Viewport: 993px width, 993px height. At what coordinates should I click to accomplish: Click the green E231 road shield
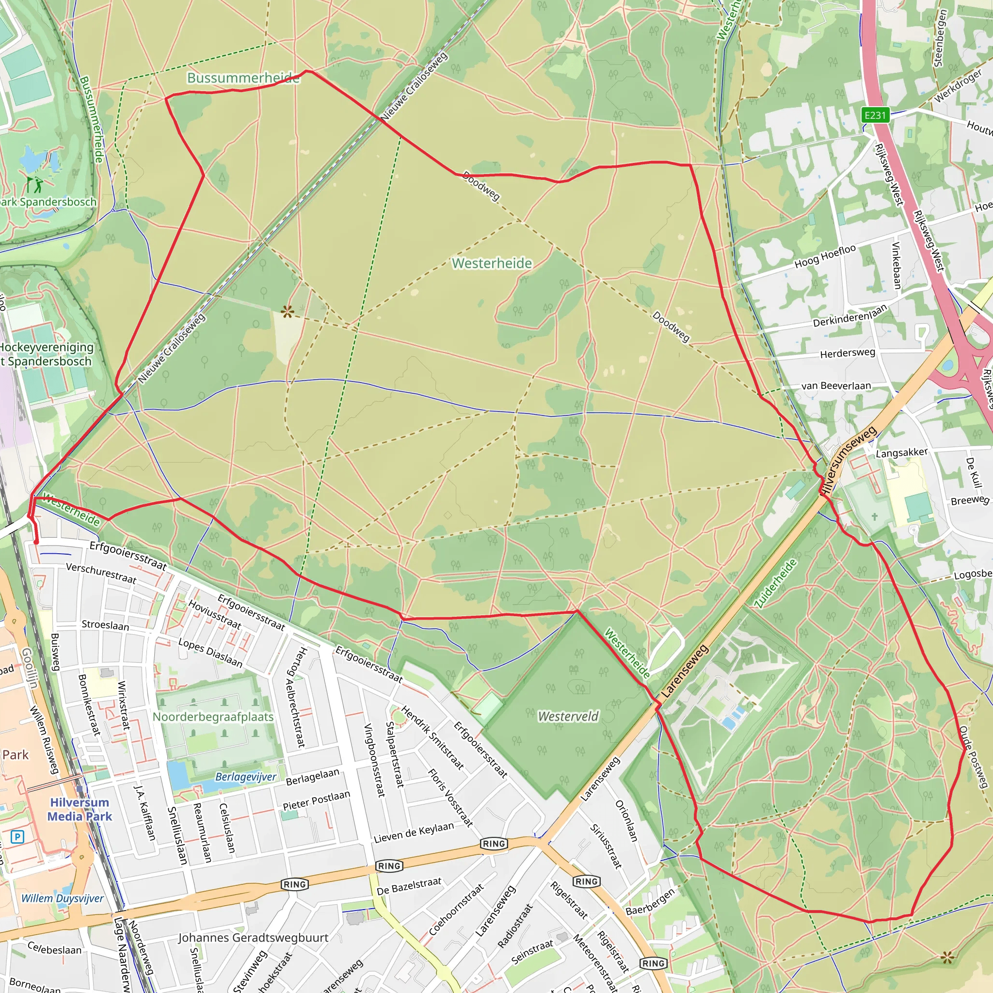pyautogui.click(x=875, y=115)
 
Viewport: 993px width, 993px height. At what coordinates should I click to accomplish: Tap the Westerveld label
pyautogui.click(x=568, y=716)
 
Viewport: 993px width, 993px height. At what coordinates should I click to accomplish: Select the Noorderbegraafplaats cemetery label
pyautogui.click(x=213, y=717)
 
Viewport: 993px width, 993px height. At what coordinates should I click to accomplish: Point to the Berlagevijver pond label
pyautogui.click(x=246, y=777)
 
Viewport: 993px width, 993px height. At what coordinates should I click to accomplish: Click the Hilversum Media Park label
pyautogui.click(x=79, y=809)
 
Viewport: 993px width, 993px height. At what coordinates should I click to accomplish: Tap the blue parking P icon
pyautogui.click(x=17, y=837)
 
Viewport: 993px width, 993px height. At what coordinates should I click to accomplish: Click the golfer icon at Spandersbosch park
pyautogui.click(x=35, y=184)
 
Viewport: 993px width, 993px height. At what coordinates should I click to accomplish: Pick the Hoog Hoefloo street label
pyautogui.click(x=825, y=256)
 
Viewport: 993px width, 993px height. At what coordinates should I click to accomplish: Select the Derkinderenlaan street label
pyautogui.click(x=850, y=316)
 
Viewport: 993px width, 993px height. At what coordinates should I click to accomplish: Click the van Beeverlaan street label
pyautogui.click(x=836, y=385)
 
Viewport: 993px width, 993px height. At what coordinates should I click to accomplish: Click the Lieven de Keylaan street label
pyautogui.click(x=414, y=832)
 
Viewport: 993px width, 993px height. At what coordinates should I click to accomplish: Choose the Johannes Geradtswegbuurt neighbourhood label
pyautogui.click(x=253, y=938)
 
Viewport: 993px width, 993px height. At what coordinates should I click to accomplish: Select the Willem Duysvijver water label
pyautogui.click(x=62, y=898)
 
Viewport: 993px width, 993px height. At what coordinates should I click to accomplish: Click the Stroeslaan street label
pyautogui.click(x=105, y=625)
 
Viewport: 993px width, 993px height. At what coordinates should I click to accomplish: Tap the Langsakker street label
pyautogui.click(x=901, y=452)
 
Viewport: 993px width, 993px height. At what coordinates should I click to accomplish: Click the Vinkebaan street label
pyautogui.click(x=897, y=265)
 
